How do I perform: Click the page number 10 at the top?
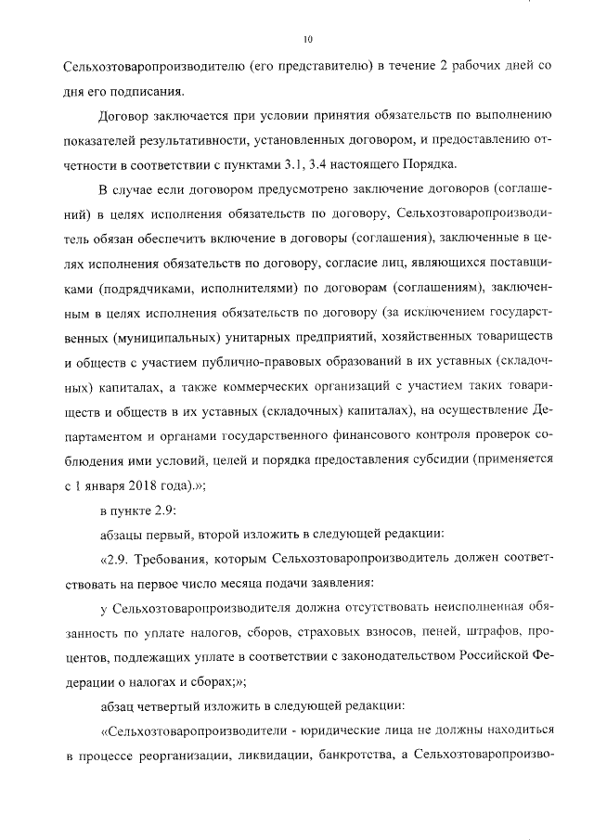(x=308, y=39)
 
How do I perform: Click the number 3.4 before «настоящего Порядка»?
(x=405, y=164)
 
